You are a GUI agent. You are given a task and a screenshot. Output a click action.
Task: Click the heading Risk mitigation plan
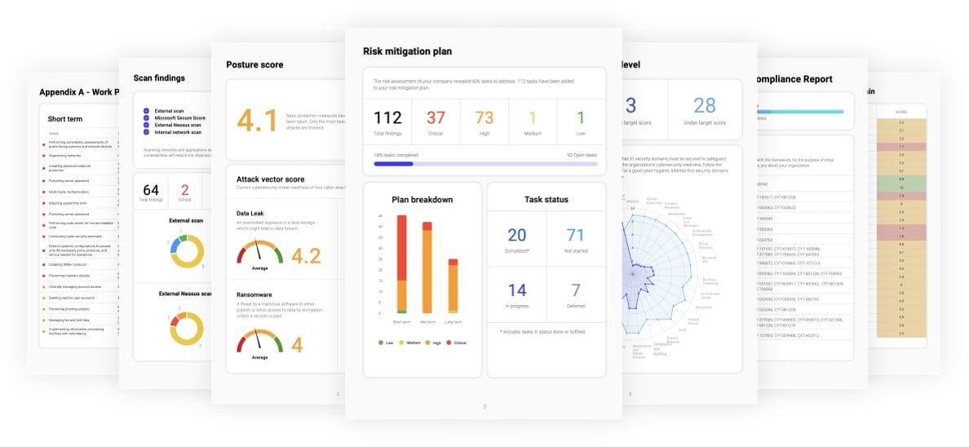[x=407, y=51]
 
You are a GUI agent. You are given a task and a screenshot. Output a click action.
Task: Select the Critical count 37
[x=436, y=118]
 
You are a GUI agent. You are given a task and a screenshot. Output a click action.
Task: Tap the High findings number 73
[x=484, y=118]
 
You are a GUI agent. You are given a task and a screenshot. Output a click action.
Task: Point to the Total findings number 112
[x=387, y=118]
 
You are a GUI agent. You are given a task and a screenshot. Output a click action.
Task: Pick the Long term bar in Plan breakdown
[x=453, y=285]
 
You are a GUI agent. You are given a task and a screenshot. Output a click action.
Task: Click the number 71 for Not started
[x=575, y=235]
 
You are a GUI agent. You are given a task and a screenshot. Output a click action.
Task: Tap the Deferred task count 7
[x=575, y=290]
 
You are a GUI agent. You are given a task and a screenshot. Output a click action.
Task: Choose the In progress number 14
[x=517, y=290]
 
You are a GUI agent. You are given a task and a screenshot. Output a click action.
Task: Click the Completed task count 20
[x=517, y=235]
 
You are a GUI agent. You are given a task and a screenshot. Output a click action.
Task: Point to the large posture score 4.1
[x=257, y=120]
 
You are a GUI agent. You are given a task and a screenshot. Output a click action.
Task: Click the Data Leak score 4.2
[x=306, y=256]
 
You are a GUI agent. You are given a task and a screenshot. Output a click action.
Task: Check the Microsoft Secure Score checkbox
[x=146, y=117]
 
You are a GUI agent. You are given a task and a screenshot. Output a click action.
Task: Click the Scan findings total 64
[x=150, y=190]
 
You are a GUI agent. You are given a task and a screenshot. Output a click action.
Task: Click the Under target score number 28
[x=704, y=104]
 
